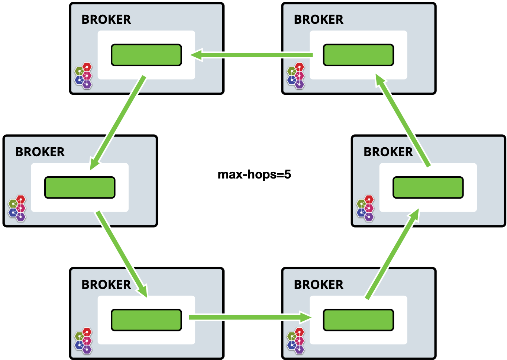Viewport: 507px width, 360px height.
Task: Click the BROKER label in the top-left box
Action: [x=106, y=19]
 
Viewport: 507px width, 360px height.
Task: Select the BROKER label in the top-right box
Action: [x=319, y=19]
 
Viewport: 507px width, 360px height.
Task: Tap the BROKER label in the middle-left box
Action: [x=40, y=152]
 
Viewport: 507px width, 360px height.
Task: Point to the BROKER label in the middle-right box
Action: [x=388, y=152]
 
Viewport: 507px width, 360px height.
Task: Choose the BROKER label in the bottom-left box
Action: [x=106, y=285]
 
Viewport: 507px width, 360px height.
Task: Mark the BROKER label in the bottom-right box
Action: [x=319, y=285]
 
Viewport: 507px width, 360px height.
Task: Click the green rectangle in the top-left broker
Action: [x=146, y=55]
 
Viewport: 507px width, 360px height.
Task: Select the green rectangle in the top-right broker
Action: [x=358, y=55]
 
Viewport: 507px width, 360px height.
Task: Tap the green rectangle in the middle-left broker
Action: [x=80, y=187]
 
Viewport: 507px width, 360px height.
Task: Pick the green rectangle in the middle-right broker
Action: [x=428, y=187]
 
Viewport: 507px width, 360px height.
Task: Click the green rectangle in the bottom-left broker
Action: [x=146, y=320]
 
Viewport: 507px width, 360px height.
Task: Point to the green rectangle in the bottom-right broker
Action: [x=358, y=320]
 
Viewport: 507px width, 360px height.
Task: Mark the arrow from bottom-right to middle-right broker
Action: [x=393, y=254]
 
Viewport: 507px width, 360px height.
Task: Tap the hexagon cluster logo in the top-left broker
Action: [x=83, y=76]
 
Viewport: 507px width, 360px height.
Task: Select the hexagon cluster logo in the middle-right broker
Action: [x=365, y=208]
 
